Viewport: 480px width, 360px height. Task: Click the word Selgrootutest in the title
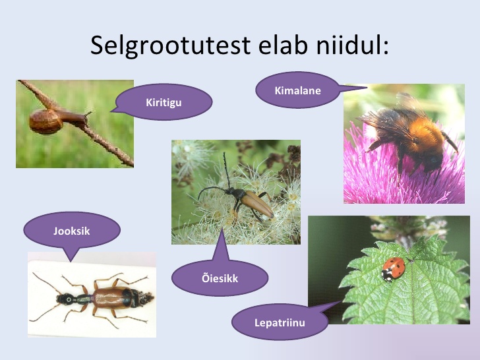click(171, 46)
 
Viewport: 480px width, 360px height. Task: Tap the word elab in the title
click(283, 45)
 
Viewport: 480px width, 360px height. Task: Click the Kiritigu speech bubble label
click(164, 103)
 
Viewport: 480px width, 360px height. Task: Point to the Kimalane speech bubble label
click(297, 90)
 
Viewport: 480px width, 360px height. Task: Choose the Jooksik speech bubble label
click(72, 231)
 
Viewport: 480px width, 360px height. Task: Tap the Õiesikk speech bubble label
click(220, 278)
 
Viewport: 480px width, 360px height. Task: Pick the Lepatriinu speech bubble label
click(280, 322)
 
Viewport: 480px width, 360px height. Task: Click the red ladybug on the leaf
click(394, 269)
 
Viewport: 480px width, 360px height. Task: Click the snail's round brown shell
click(46, 121)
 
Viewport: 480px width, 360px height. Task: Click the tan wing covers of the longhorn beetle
click(258, 204)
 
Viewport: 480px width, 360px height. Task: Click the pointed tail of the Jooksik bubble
click(71, 261)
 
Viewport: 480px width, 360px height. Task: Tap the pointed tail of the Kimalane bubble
click(367, 88)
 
